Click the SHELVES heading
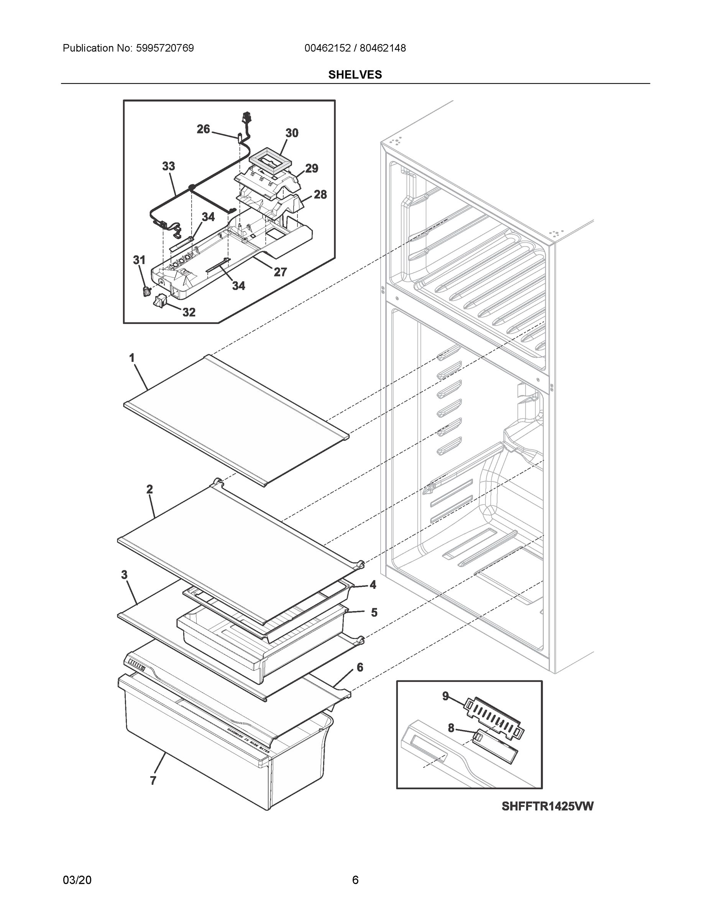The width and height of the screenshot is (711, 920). pos(355,75)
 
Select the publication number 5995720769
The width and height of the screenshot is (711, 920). pos(165,48)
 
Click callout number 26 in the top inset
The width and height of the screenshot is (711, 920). pos(203,129)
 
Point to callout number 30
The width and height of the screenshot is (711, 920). pos(292,133)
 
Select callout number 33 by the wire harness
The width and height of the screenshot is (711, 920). pos(169,166)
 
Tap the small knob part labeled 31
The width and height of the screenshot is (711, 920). pos(146,291)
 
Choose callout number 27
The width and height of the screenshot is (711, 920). pos(281,272)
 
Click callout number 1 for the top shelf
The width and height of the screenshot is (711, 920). pos(132,358)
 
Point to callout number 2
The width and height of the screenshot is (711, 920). pos(149,489)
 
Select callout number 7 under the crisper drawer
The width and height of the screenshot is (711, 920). pos(153,780)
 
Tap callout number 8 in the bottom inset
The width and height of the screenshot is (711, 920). pos(451,728)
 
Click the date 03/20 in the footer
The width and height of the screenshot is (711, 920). pos(77,880)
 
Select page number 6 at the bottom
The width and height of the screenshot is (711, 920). pos(355,880)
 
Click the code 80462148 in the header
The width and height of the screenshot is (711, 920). pos(383,48)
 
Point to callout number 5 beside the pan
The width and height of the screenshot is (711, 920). pos(374,613)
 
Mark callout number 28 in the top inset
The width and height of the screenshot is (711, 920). pos(320,195)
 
